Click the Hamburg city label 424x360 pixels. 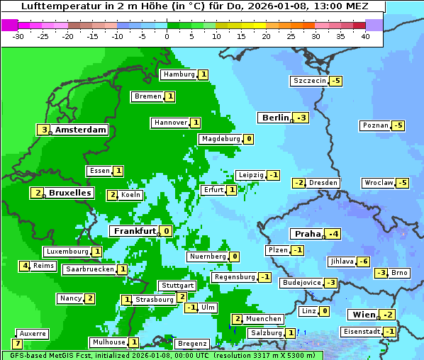click(x=178, y=74)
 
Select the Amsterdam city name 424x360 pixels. click(x=81, y=130)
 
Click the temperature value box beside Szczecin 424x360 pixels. click(x=335, y=81)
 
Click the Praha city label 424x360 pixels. click(x=308, y=234)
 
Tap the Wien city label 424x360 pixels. click(x=362, y=315)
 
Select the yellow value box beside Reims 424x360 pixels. click(x=25, y=266)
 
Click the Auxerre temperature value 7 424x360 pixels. click(x=17, y=344)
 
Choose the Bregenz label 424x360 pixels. click(x=191, y=344)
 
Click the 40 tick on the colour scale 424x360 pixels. click(x=365, y=36)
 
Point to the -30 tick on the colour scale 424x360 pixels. click(x=18, y=36)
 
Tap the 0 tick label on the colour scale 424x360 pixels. click(x=167, y=36)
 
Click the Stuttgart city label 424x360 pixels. click(x=177, y=286)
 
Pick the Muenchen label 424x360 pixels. click(x=263, y=319)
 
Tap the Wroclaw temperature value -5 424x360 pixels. click(x=402, y=183)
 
